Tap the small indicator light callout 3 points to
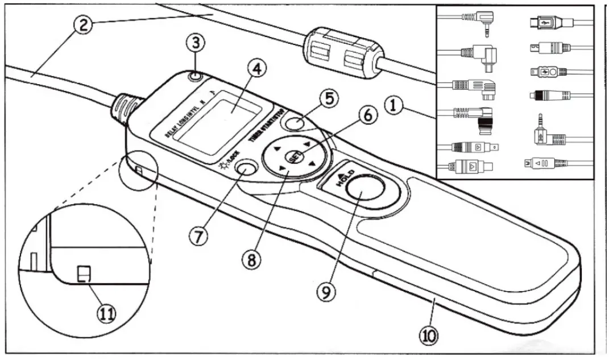point(195,76)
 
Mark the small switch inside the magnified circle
point(82,275)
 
